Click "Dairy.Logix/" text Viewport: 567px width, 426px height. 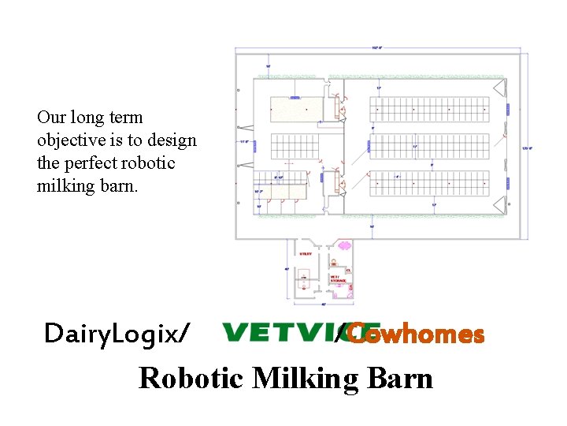[117, 334]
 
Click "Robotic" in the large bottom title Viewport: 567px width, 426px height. [193, 378]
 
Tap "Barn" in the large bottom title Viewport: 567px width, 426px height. [402, 378]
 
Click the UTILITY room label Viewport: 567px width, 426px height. [306, 254]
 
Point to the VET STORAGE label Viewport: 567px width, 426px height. [335, 278]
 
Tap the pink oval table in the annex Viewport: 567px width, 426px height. [344, 246]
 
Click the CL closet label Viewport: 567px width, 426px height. [347, 271]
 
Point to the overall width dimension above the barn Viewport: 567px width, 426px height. [377, 49]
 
